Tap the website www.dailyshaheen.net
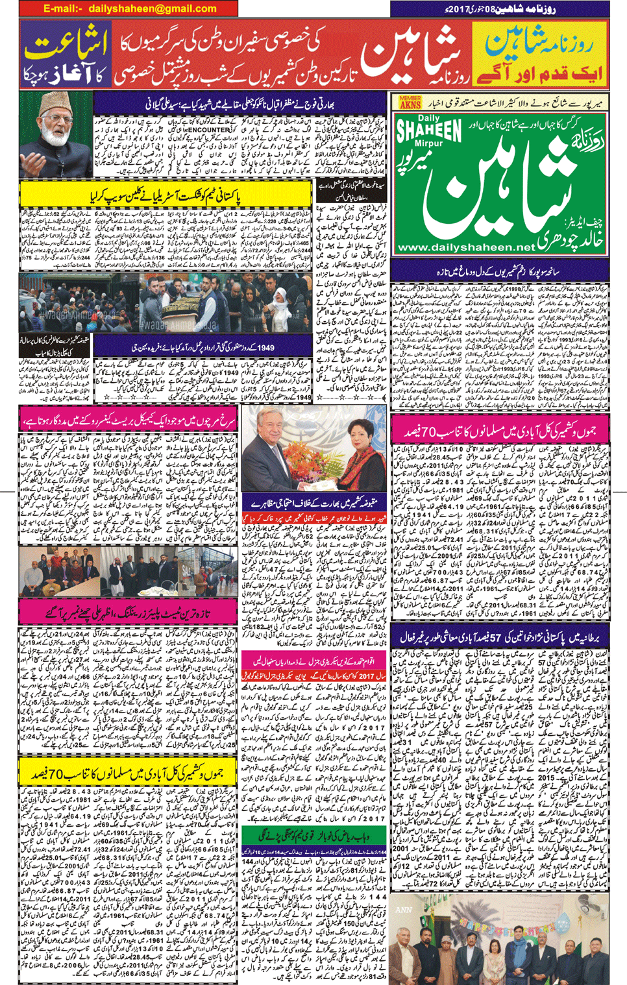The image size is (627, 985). click(466, 247)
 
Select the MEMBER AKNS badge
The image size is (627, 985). click(410, 102)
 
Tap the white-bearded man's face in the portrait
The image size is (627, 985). click(56, 127)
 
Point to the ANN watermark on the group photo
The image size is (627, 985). click(404, 910)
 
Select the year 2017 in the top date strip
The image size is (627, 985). click(455, 9)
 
